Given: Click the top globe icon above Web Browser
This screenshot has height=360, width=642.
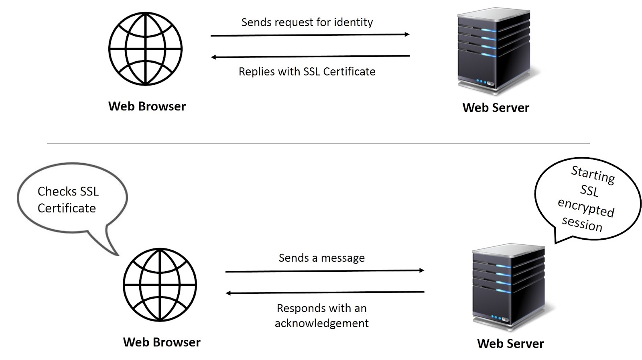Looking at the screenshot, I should click(145, 49).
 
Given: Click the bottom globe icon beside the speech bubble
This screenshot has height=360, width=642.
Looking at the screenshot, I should click(160, 285).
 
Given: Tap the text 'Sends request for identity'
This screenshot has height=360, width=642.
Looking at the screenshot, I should click(307, 22).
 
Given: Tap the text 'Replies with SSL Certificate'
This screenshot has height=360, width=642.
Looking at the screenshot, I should click(307, 71).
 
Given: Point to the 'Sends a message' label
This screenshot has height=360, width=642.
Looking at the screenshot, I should click(322, 258).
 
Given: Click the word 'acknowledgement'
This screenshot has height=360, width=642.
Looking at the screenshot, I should click(322, 323).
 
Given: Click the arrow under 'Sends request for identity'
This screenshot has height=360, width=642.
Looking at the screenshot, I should click(310, 35).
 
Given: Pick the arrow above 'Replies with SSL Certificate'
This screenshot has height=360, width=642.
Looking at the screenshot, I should click(310, 57).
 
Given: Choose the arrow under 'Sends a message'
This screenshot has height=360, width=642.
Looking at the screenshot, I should click(325, 271).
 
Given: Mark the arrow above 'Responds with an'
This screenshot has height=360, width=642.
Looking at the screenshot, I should click(325, 293).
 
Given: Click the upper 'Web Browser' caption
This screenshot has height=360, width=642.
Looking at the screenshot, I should click(147, 106).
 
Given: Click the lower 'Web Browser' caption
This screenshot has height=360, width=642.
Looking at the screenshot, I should click(162, 342).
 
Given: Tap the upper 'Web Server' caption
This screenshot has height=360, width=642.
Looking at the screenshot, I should click(496, 108).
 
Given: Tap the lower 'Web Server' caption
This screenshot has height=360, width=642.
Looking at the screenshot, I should click(510, 344).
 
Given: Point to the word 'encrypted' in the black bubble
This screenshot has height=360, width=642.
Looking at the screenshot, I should click(586, 207).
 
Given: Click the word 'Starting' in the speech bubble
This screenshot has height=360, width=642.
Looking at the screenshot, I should click(593, 175).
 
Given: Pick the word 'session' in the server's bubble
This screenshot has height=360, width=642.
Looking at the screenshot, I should click(582, 224).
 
